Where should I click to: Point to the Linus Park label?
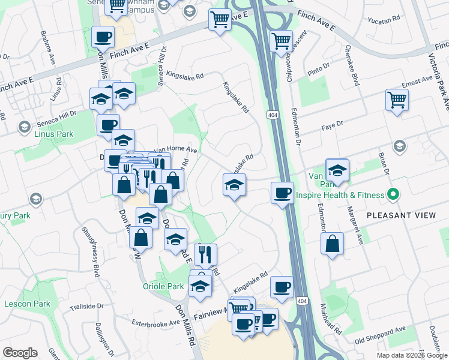(53, 133)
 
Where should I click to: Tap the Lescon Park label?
(27, 304)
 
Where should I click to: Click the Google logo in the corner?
(20, 353)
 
